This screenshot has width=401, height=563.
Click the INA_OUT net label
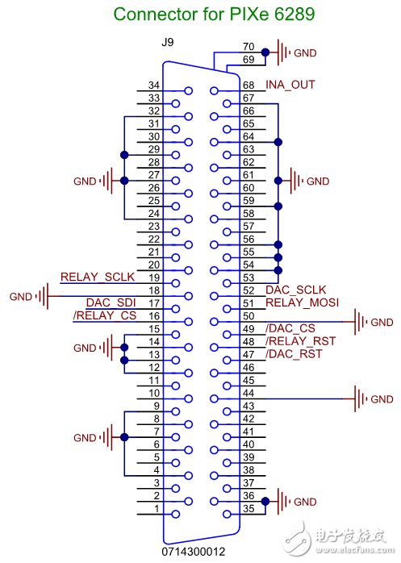290,85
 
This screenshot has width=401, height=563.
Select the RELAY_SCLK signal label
98,277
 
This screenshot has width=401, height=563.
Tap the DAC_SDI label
111,302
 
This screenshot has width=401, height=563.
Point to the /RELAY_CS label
105,315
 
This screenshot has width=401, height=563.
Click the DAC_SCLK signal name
296,290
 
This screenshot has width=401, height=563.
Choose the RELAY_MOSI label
303,302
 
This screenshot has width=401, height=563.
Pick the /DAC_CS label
290,328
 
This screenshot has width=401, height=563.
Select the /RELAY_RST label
300,341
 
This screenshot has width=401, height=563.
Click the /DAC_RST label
294,354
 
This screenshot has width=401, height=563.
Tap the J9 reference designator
168,43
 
